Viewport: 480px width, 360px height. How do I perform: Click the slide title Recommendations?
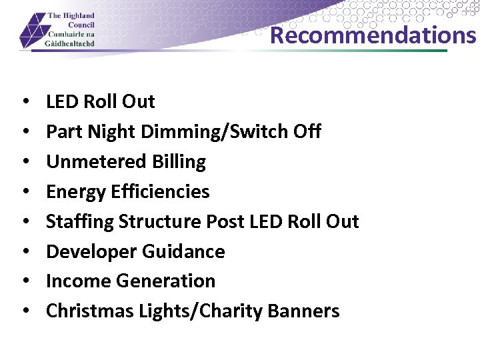(373, 35)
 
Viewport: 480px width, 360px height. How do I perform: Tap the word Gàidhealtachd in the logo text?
(70, 43)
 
